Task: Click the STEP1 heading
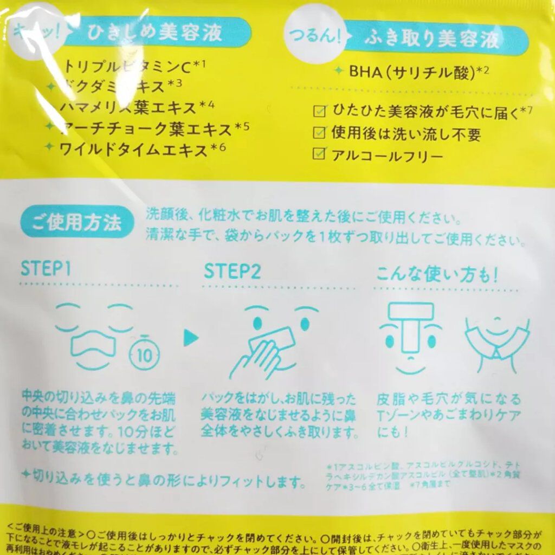pos(47,269)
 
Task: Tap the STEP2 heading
pos(232,269)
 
